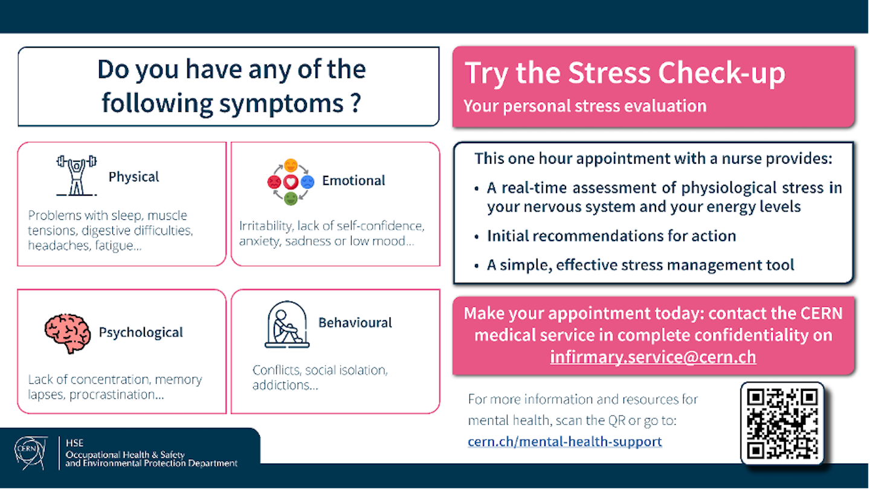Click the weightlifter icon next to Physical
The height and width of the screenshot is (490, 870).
(76, 176)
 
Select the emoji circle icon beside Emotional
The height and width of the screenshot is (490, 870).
(291, 181)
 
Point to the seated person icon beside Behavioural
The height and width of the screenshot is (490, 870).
(287, 324)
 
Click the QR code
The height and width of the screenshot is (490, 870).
(782, 423)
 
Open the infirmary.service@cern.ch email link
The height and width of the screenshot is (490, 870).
(652, 357)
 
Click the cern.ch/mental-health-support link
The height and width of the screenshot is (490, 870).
(565, 442)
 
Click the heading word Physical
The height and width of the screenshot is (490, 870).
(134, 177)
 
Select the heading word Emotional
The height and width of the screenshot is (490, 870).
(353, 181)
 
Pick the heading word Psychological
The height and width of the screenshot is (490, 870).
(141, 332)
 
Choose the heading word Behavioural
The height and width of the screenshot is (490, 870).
(355, 323)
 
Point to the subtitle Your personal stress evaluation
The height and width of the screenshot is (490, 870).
(585, 106)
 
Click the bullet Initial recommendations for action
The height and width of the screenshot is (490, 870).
(611, 236)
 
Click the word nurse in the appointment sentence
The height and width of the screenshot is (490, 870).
(739, 159)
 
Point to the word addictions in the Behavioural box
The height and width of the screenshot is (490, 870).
(285, 385)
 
